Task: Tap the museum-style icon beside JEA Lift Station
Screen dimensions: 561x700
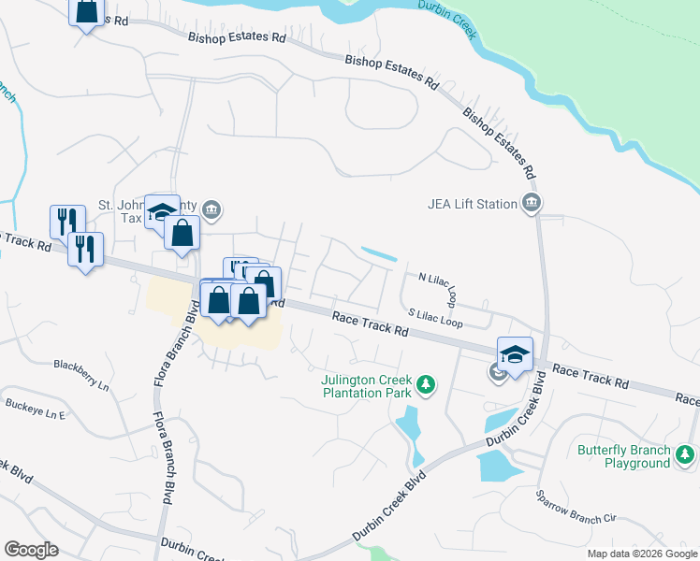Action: [532, 203]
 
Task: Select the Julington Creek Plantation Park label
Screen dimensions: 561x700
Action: [366, 387]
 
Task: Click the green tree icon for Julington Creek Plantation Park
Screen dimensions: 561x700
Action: [426, 384]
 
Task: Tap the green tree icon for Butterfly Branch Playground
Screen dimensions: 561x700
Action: [685, 455]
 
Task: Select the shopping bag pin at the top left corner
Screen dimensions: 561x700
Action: [86, 12]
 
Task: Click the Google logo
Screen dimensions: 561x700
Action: [30, 550]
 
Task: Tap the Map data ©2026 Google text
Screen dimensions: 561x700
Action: [641, 554]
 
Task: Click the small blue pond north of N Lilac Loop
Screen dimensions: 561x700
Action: [378, 253]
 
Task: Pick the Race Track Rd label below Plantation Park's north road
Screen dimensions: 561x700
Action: [371, 325]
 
